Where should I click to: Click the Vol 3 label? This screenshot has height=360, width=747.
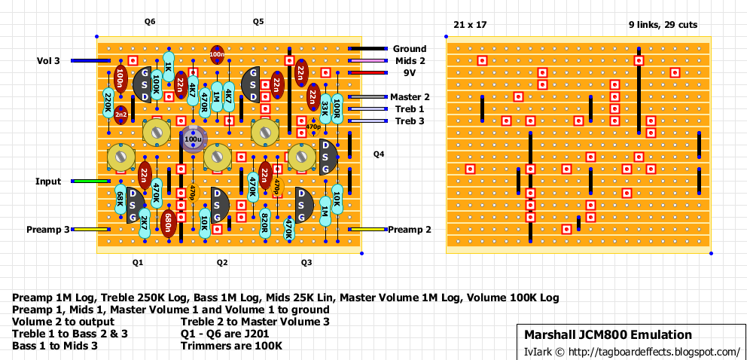coord(47,61)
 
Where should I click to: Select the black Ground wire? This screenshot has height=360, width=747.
coord(368,49)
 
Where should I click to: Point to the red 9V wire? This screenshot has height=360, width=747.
coord(368,73)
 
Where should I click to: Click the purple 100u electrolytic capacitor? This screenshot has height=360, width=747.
coord(194,140)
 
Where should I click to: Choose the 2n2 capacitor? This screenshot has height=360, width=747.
coord(120,114)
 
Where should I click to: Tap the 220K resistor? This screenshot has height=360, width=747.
coord(108,102)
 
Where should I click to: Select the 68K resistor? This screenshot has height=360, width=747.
coord(120,200)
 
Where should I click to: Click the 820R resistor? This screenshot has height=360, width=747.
coord(265,221)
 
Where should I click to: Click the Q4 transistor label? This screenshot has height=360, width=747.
coord(378,154)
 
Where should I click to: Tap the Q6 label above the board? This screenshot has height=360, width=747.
coord(150,22)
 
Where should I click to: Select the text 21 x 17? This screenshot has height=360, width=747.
coord(470,25)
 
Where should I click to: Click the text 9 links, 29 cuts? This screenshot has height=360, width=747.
coord(663,25)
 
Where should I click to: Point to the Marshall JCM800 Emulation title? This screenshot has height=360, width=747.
coord(608,335)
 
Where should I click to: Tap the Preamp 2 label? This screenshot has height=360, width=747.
coord(410,230)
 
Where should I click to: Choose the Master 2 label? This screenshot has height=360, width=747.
coord(410,97)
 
